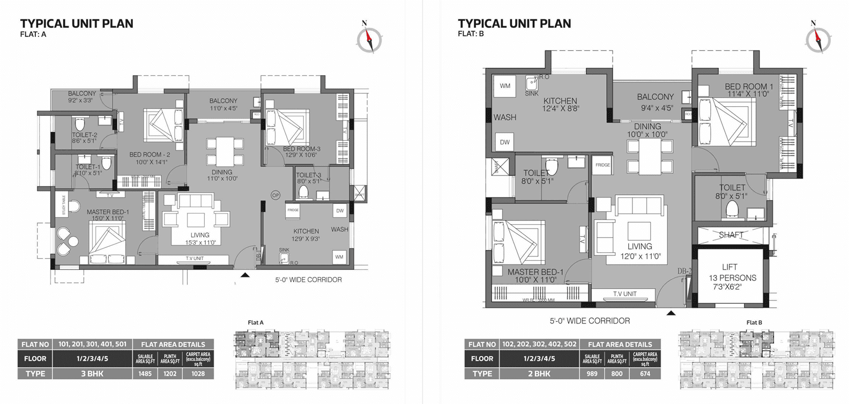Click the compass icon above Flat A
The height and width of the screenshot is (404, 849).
coord(369,39)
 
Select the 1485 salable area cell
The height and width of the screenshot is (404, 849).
coord(145,373)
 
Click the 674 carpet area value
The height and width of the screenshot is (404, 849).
coord(645,373)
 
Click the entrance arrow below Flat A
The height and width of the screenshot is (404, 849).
coord(244,275)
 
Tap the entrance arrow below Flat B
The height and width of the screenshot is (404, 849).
coord(671,313)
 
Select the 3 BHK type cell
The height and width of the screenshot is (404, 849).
coord(92,373)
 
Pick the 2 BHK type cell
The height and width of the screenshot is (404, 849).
coord(538,373)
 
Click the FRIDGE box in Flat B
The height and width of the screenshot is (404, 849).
coord(602,165)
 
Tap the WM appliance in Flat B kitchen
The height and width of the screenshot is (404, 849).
coord(505,86)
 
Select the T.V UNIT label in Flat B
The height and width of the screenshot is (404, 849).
coord(625,294)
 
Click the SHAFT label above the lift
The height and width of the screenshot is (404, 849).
coord(731,235)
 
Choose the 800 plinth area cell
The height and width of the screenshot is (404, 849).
coord(617,373)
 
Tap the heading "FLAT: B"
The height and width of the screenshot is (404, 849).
coord(471,34)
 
